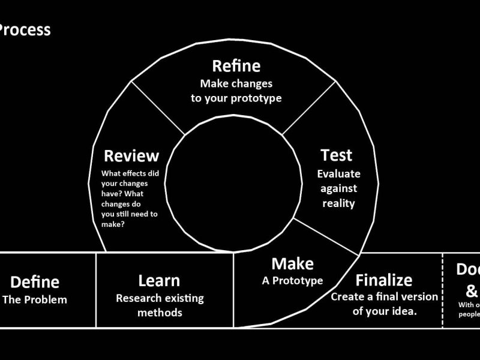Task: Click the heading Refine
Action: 236,67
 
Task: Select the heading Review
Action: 131,156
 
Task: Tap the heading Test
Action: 336,155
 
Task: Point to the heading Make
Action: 292,263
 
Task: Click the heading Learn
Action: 159,280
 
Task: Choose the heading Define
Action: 35,282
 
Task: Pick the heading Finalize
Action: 384,280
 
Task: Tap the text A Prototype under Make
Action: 292,280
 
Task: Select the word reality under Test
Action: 338,203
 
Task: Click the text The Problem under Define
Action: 35,299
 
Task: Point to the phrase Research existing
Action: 160,298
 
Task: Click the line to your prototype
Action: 236,98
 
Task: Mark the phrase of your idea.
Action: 384,311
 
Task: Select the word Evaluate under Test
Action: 338,174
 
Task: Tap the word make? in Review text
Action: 113,224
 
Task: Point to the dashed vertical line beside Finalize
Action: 442,290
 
